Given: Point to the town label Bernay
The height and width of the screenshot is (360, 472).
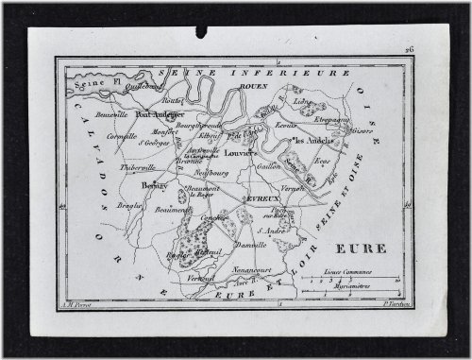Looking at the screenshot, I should [x=153, y=186].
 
